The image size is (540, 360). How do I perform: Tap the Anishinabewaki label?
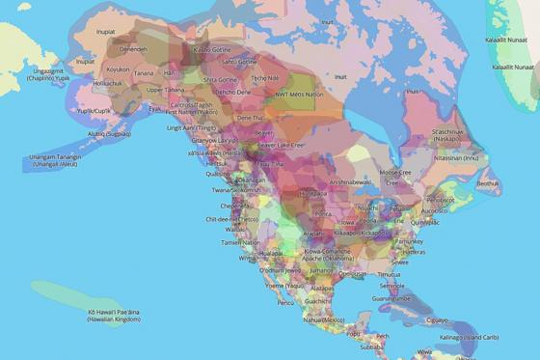[349, 181]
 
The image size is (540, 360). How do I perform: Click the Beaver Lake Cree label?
[283, 145]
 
